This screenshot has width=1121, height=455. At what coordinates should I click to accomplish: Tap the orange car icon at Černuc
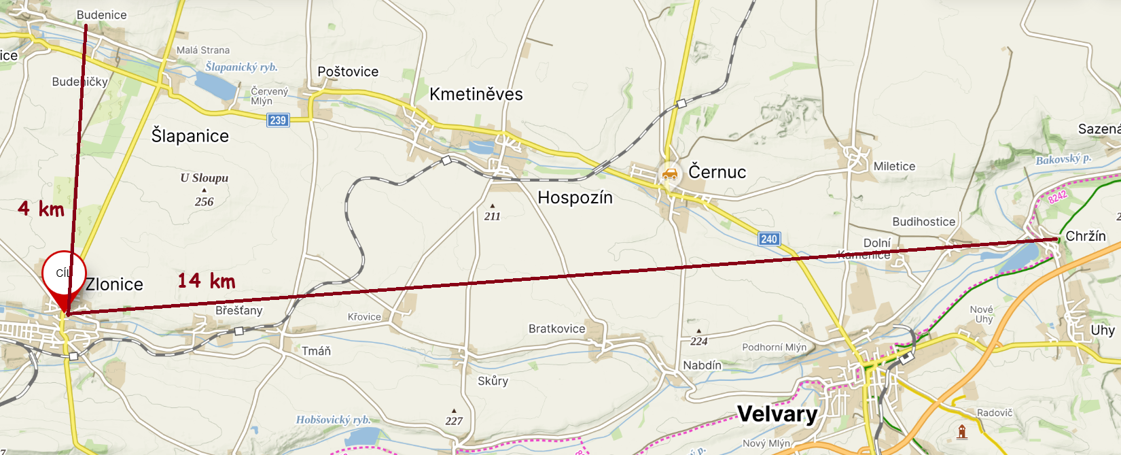pyautogui.click(x=670, y=175)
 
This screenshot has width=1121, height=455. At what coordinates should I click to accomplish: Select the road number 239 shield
pyautogui.click(x=278, y=120)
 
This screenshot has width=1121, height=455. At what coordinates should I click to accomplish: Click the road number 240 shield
pyautogui.click(x=769, y=239)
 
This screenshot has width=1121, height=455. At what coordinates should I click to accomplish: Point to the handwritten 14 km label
pyautogui.click(x=206, y=281)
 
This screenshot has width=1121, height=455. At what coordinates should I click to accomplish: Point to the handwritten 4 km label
pyautogui.click(x=41, y=208)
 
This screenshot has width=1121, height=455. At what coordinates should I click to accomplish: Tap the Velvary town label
pyautogui.click(x=777, y=414)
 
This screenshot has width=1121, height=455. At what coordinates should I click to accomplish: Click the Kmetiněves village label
pyautogui.click(x=476, y=95)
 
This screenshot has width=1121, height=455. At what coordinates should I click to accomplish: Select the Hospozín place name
pyautogui.click(x=575, y=198)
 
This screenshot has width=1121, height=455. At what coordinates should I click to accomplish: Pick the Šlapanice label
pyautogui.click(x=190, y=136)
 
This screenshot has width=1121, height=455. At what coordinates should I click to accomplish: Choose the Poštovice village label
pyautogui.click(x=348, y=72)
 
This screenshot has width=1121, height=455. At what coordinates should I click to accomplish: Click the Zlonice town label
pyautogui.click(x=114, y=284)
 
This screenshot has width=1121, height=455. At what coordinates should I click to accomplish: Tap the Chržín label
pyautogui.click(x=1085, y=236)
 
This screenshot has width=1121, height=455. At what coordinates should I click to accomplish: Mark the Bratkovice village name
pyautogui.click(x=556, y=329)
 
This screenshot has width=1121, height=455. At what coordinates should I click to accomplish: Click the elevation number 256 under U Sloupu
pyautogui.click(x=204, y=202)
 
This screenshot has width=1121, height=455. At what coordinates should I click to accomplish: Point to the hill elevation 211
pyautogui.click(x=492, y=216)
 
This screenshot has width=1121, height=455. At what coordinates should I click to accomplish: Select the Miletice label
pyautogui.click(x=894, y=167)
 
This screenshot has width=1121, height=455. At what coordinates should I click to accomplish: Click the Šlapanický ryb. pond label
pyautogui.click(x=241, y=67)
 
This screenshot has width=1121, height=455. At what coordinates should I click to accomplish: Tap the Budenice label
pyautogui.click(x=101, y=15)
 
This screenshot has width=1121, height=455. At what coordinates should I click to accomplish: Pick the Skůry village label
pyautogui.click(x=493, y=381)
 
